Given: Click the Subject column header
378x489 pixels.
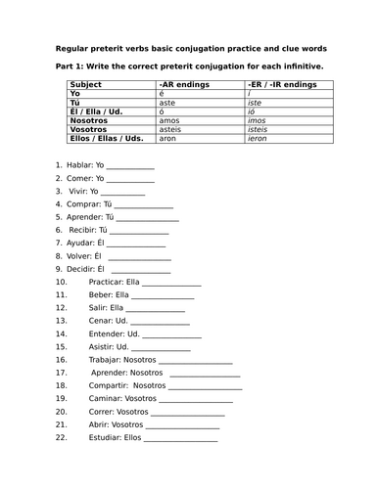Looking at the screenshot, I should coord(77,86).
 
